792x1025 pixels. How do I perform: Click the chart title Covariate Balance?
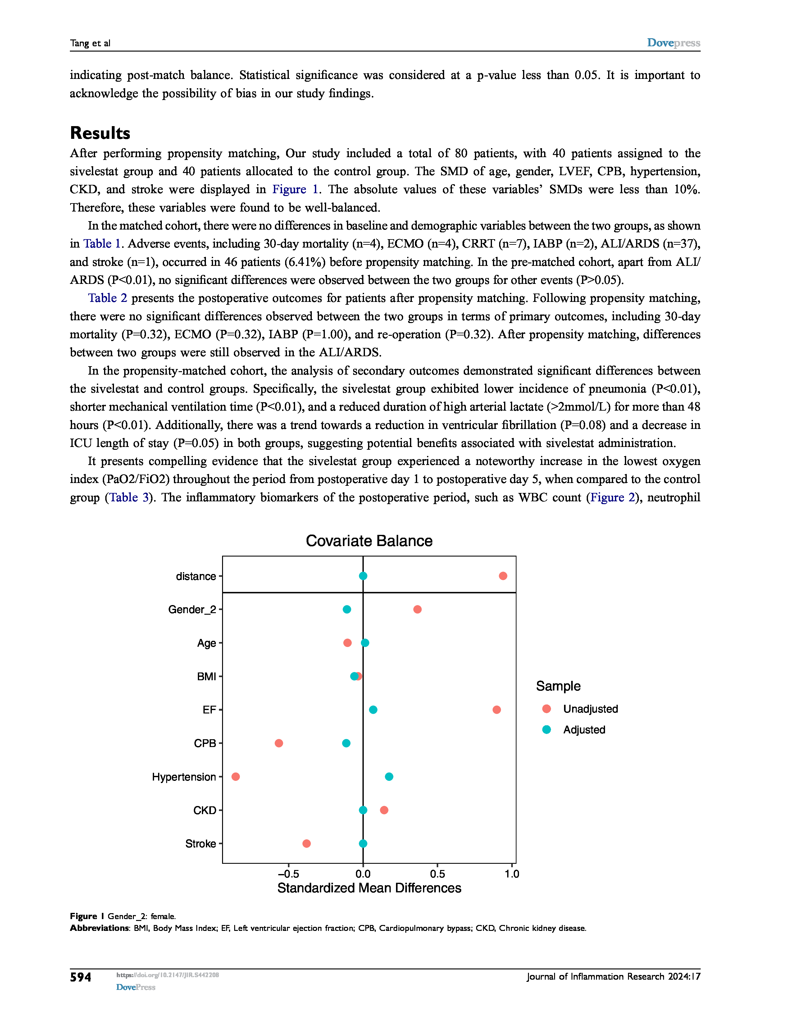click(x=369, y=541)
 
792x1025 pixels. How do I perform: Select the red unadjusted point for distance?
click(x=503, y=576)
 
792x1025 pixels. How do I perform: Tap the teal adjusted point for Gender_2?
click(x=347, y=609)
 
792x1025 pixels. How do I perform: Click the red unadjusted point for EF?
click(x=496, y=710)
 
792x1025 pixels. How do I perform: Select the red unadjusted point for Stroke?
click(x=306, y=843)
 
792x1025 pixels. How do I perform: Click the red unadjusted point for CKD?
click(x=384, y=810)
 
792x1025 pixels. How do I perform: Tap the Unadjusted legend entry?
click(x=590, y=709)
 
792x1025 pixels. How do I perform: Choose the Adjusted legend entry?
click(x=584, y=730)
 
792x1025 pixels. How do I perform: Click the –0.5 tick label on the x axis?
click(x=288, y=874)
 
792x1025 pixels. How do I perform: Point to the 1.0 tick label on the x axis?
click(x=512, y=874)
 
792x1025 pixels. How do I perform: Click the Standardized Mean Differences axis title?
click(x=369, y=888)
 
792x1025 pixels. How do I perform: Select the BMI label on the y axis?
click(x=207, y=676)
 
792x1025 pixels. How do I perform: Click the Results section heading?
click(x=100, y=133)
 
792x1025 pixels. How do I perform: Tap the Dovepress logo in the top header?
click(x=673, y=43)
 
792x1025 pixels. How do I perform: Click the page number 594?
click(x=81, y=977)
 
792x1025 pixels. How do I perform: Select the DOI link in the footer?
click(x=167, y=975)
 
